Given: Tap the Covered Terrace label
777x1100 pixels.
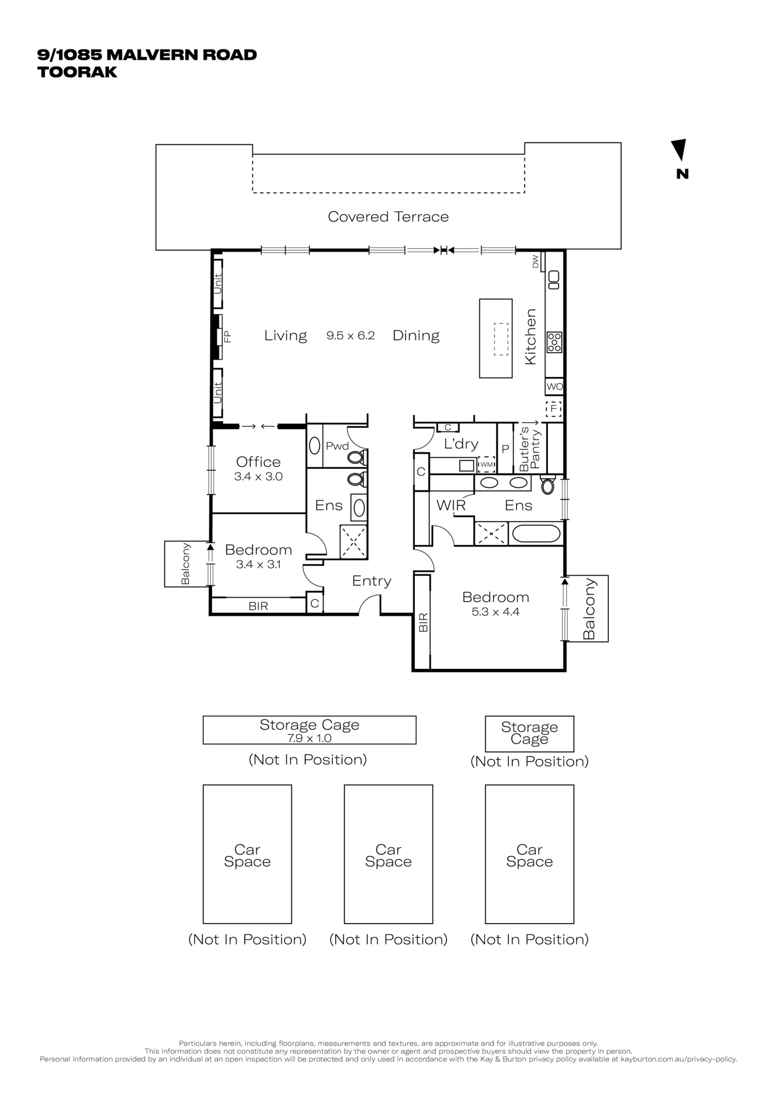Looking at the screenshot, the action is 388,217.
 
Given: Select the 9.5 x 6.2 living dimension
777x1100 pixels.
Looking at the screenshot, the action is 351,335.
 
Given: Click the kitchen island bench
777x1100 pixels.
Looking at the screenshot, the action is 496,338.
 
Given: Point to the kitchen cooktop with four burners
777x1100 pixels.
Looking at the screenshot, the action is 554,342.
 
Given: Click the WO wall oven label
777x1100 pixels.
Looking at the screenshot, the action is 554,387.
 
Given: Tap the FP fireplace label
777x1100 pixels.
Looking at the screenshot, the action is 227,336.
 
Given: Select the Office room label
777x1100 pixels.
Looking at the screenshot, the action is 258,462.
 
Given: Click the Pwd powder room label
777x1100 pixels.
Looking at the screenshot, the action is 337,446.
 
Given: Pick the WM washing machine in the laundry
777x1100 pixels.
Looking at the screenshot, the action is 486,465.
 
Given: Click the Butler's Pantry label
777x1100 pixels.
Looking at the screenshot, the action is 530,449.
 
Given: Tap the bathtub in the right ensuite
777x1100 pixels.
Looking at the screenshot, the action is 535,533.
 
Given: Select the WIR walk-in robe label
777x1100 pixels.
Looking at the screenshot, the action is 451,505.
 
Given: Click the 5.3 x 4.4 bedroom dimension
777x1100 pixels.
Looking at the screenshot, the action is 495,612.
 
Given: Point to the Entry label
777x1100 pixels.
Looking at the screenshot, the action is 371,581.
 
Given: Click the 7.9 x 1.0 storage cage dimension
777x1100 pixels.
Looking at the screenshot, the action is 309,738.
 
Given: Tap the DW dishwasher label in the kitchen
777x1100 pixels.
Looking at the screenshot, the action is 535,262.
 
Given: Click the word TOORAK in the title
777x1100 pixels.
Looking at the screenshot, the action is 77,72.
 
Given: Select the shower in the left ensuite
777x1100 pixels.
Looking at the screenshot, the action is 354,542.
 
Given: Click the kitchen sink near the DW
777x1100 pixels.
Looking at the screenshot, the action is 554,280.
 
